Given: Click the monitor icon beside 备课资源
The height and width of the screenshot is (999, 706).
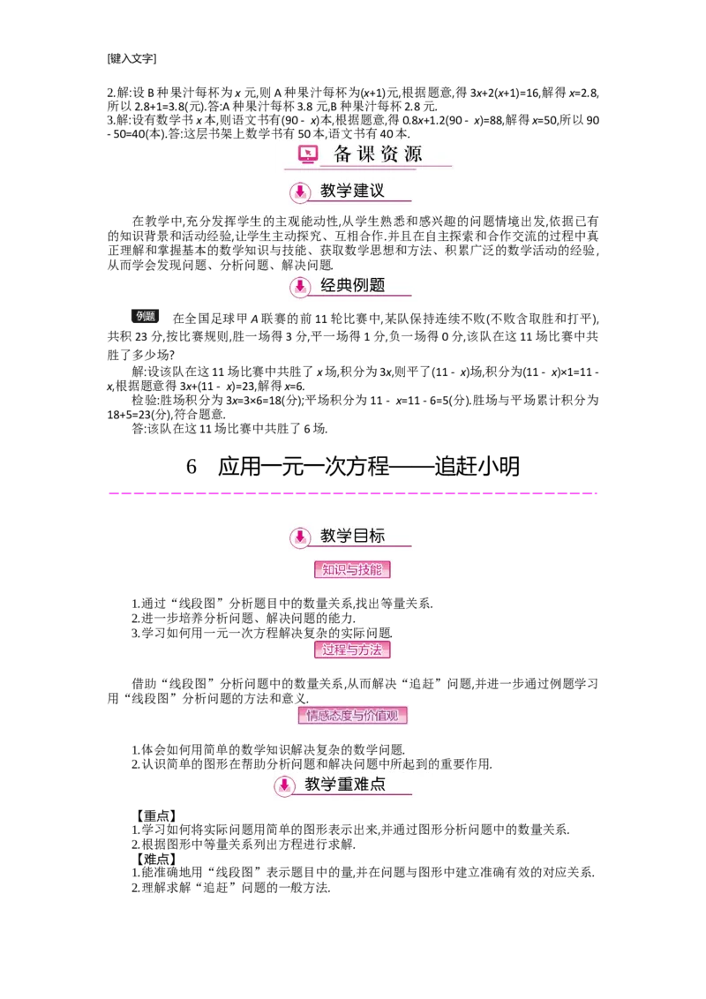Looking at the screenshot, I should point(307,154).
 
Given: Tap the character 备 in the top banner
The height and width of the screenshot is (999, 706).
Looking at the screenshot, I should point(343,154).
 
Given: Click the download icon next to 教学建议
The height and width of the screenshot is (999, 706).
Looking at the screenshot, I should point(300,192).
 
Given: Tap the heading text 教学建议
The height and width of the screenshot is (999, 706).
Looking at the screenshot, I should point(352,191).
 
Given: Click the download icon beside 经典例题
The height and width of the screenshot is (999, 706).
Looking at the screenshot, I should point(300,286).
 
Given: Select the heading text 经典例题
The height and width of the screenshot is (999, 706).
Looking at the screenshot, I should point(352,285).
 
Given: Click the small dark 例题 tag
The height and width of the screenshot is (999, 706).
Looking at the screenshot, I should point(145,316).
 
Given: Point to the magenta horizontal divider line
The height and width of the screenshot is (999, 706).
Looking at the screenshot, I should point(353,494).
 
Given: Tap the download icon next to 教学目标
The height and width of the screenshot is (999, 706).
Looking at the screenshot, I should point(300,537).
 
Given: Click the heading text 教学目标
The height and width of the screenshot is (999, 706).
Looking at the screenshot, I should point(352,536).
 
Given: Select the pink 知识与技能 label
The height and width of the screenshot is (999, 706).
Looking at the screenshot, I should point(352,570).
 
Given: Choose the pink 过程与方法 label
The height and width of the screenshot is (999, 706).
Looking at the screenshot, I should point(352,650).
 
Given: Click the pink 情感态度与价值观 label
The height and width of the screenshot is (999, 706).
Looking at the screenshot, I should point(352,715).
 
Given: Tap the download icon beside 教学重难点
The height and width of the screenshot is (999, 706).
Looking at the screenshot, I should point(284,785).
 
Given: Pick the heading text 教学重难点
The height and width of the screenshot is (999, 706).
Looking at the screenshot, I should point(345,784).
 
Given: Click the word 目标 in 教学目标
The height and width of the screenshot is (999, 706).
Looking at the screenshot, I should point(369,536).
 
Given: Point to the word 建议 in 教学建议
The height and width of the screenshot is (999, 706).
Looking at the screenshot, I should point(369,191).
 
